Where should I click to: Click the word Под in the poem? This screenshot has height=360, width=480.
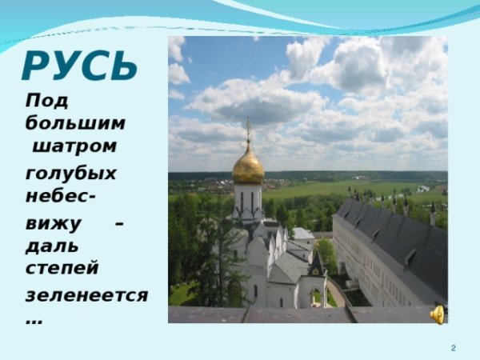47,102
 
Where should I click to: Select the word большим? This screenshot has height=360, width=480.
75,123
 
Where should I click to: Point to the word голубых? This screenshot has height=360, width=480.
70,173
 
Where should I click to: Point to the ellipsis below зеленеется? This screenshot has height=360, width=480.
34,321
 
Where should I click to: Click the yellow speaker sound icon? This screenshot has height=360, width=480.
438,314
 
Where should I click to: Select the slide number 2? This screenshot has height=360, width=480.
454,348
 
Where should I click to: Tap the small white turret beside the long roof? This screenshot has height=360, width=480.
433,214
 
